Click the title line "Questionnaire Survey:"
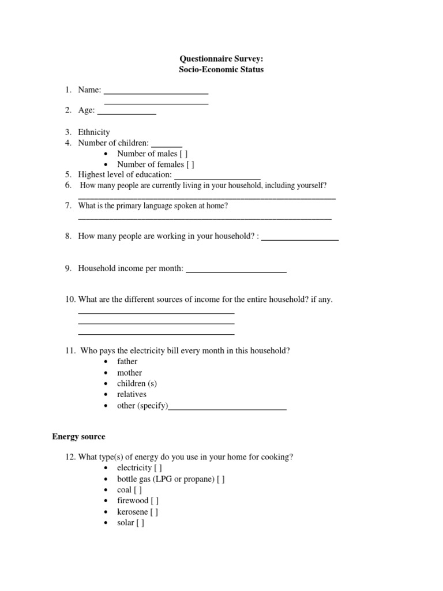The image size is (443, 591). pos(221,59)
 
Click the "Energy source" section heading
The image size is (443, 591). pos(78,437)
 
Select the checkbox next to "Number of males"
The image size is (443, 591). pos(183,154)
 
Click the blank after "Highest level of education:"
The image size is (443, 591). pos(217,175)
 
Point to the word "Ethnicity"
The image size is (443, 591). pos(94,132)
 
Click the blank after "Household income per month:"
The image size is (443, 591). pos(236,269)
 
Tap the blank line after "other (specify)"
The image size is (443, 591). pos(227,406)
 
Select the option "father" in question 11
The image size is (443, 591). pos(127,361)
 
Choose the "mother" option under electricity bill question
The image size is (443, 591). pos(129,373)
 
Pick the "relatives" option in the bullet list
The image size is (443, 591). pos(132,394)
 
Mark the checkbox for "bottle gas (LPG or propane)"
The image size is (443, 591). pos(221,479)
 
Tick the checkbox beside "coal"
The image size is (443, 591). pos(138,490)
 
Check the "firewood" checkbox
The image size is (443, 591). pos(155,501)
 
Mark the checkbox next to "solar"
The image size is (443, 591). pos(140,523)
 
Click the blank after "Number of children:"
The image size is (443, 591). pos(167,144)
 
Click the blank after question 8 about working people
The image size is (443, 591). pos(300,237)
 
